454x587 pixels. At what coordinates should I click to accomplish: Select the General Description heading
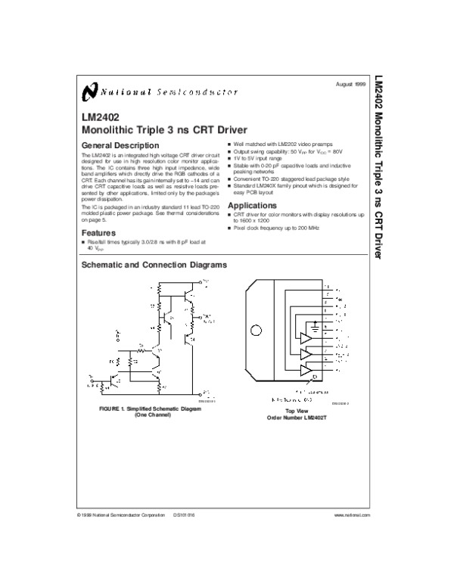click(120, 144)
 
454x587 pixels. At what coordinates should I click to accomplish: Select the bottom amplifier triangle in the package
click(306, 369)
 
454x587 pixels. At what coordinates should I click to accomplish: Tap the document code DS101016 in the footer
click(185, 514)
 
